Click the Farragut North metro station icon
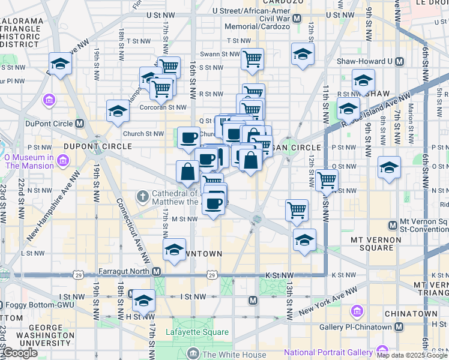157,272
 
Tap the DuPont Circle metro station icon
80,124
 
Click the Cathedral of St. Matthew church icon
142,196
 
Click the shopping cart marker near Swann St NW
252,59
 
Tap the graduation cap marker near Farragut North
174,251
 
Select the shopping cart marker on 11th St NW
327,179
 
